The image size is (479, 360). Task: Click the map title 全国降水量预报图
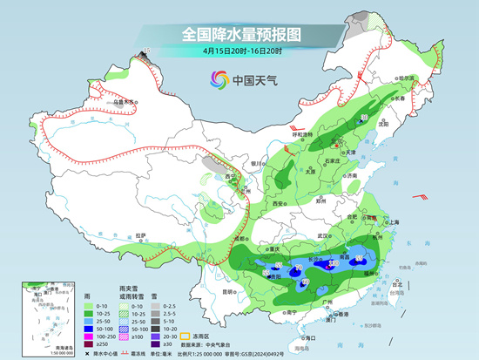(x=239, y=34)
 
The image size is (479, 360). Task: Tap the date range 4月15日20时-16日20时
(x=239, y=51)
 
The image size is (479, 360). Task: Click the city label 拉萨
(x=141, y=234)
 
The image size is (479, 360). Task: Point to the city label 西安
(x=279, y=202)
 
